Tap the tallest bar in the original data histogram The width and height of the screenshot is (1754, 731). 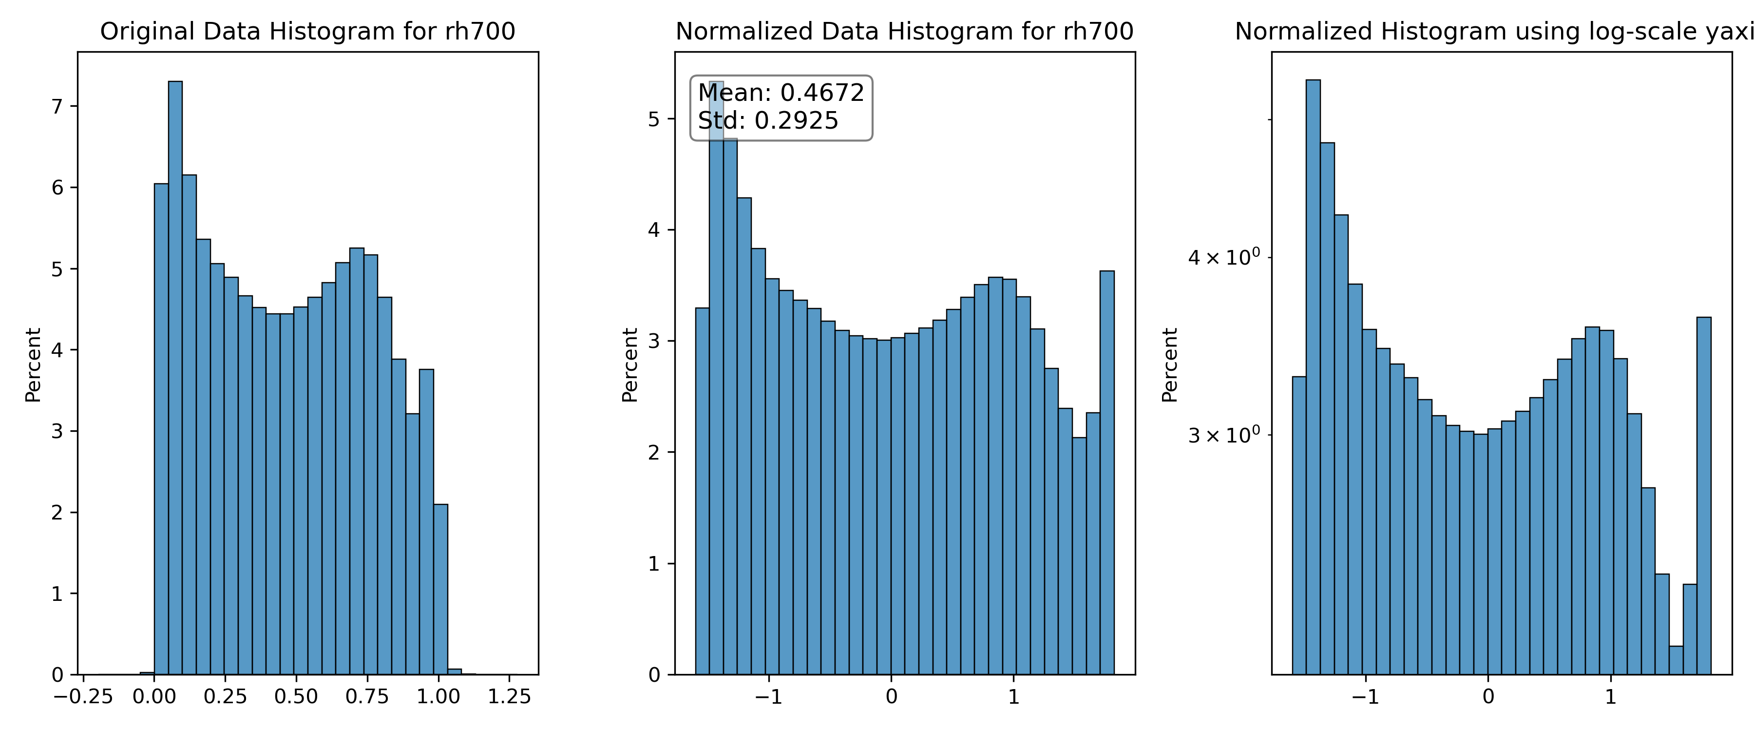click(175, 378)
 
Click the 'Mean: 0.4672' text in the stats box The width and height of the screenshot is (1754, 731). click(781, 93)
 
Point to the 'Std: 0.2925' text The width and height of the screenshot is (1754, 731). click(768, 120)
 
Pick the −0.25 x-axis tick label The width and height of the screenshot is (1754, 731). click(83, 696)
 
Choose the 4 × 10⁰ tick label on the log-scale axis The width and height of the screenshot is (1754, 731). click(1223, 257)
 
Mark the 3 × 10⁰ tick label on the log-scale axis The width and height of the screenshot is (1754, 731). click(1223, 435)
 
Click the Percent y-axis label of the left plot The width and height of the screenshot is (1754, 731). click(33, 365)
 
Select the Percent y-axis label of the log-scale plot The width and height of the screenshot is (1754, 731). click(1169, 365)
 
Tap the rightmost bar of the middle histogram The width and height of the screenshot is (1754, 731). click(1107, 473)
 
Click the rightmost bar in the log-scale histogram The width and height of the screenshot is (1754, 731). click(1704, 496)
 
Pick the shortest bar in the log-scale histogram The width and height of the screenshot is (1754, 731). click(1676, 660)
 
